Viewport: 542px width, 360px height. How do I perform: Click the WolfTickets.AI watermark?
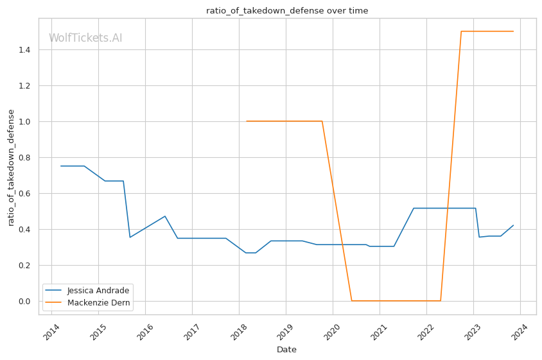point(85,39)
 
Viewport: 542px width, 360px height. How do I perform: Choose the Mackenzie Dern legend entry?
point(97,302)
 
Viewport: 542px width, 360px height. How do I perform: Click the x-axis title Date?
point(286,350)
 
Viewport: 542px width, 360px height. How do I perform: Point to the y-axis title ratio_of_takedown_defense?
point(11,167)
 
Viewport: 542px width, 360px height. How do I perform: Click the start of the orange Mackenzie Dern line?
point(247,121)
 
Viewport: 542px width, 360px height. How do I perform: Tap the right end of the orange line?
point(513,31)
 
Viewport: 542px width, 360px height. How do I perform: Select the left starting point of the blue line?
point(60,166)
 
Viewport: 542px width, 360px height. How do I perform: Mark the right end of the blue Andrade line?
point(513,225)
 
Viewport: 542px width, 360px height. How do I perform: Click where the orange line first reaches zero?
point(351,300)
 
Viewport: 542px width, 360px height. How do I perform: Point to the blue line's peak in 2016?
point(165,216)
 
